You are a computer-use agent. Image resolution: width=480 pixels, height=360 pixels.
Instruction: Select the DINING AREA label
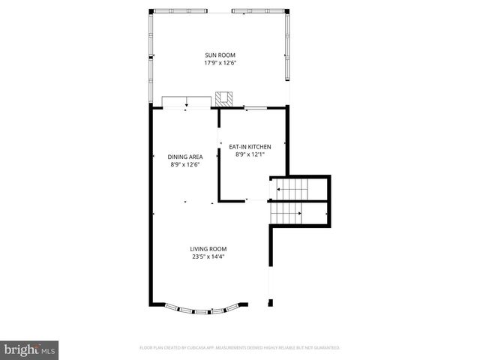tap(185, 157)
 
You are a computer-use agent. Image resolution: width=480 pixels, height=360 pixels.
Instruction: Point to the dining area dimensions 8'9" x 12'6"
tap(185, 164)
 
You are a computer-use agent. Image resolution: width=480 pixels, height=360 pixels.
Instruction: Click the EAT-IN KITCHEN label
tap(250, 147)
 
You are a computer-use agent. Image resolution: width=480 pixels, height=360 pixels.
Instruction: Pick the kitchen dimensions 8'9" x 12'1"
tap(250, 154)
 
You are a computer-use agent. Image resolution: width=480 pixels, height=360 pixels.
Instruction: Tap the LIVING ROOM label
tap(208, 249)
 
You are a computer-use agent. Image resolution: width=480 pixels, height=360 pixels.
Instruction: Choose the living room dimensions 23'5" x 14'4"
tap(208, 256)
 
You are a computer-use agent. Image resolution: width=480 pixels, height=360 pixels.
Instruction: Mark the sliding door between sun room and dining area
tap(186, 103)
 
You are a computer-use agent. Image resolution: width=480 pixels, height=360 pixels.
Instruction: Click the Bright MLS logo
tap(30, 349)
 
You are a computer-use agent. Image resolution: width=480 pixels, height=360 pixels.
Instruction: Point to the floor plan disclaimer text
tap(240, 348)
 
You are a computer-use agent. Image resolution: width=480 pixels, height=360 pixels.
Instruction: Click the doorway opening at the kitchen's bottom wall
tap(256, 200)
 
